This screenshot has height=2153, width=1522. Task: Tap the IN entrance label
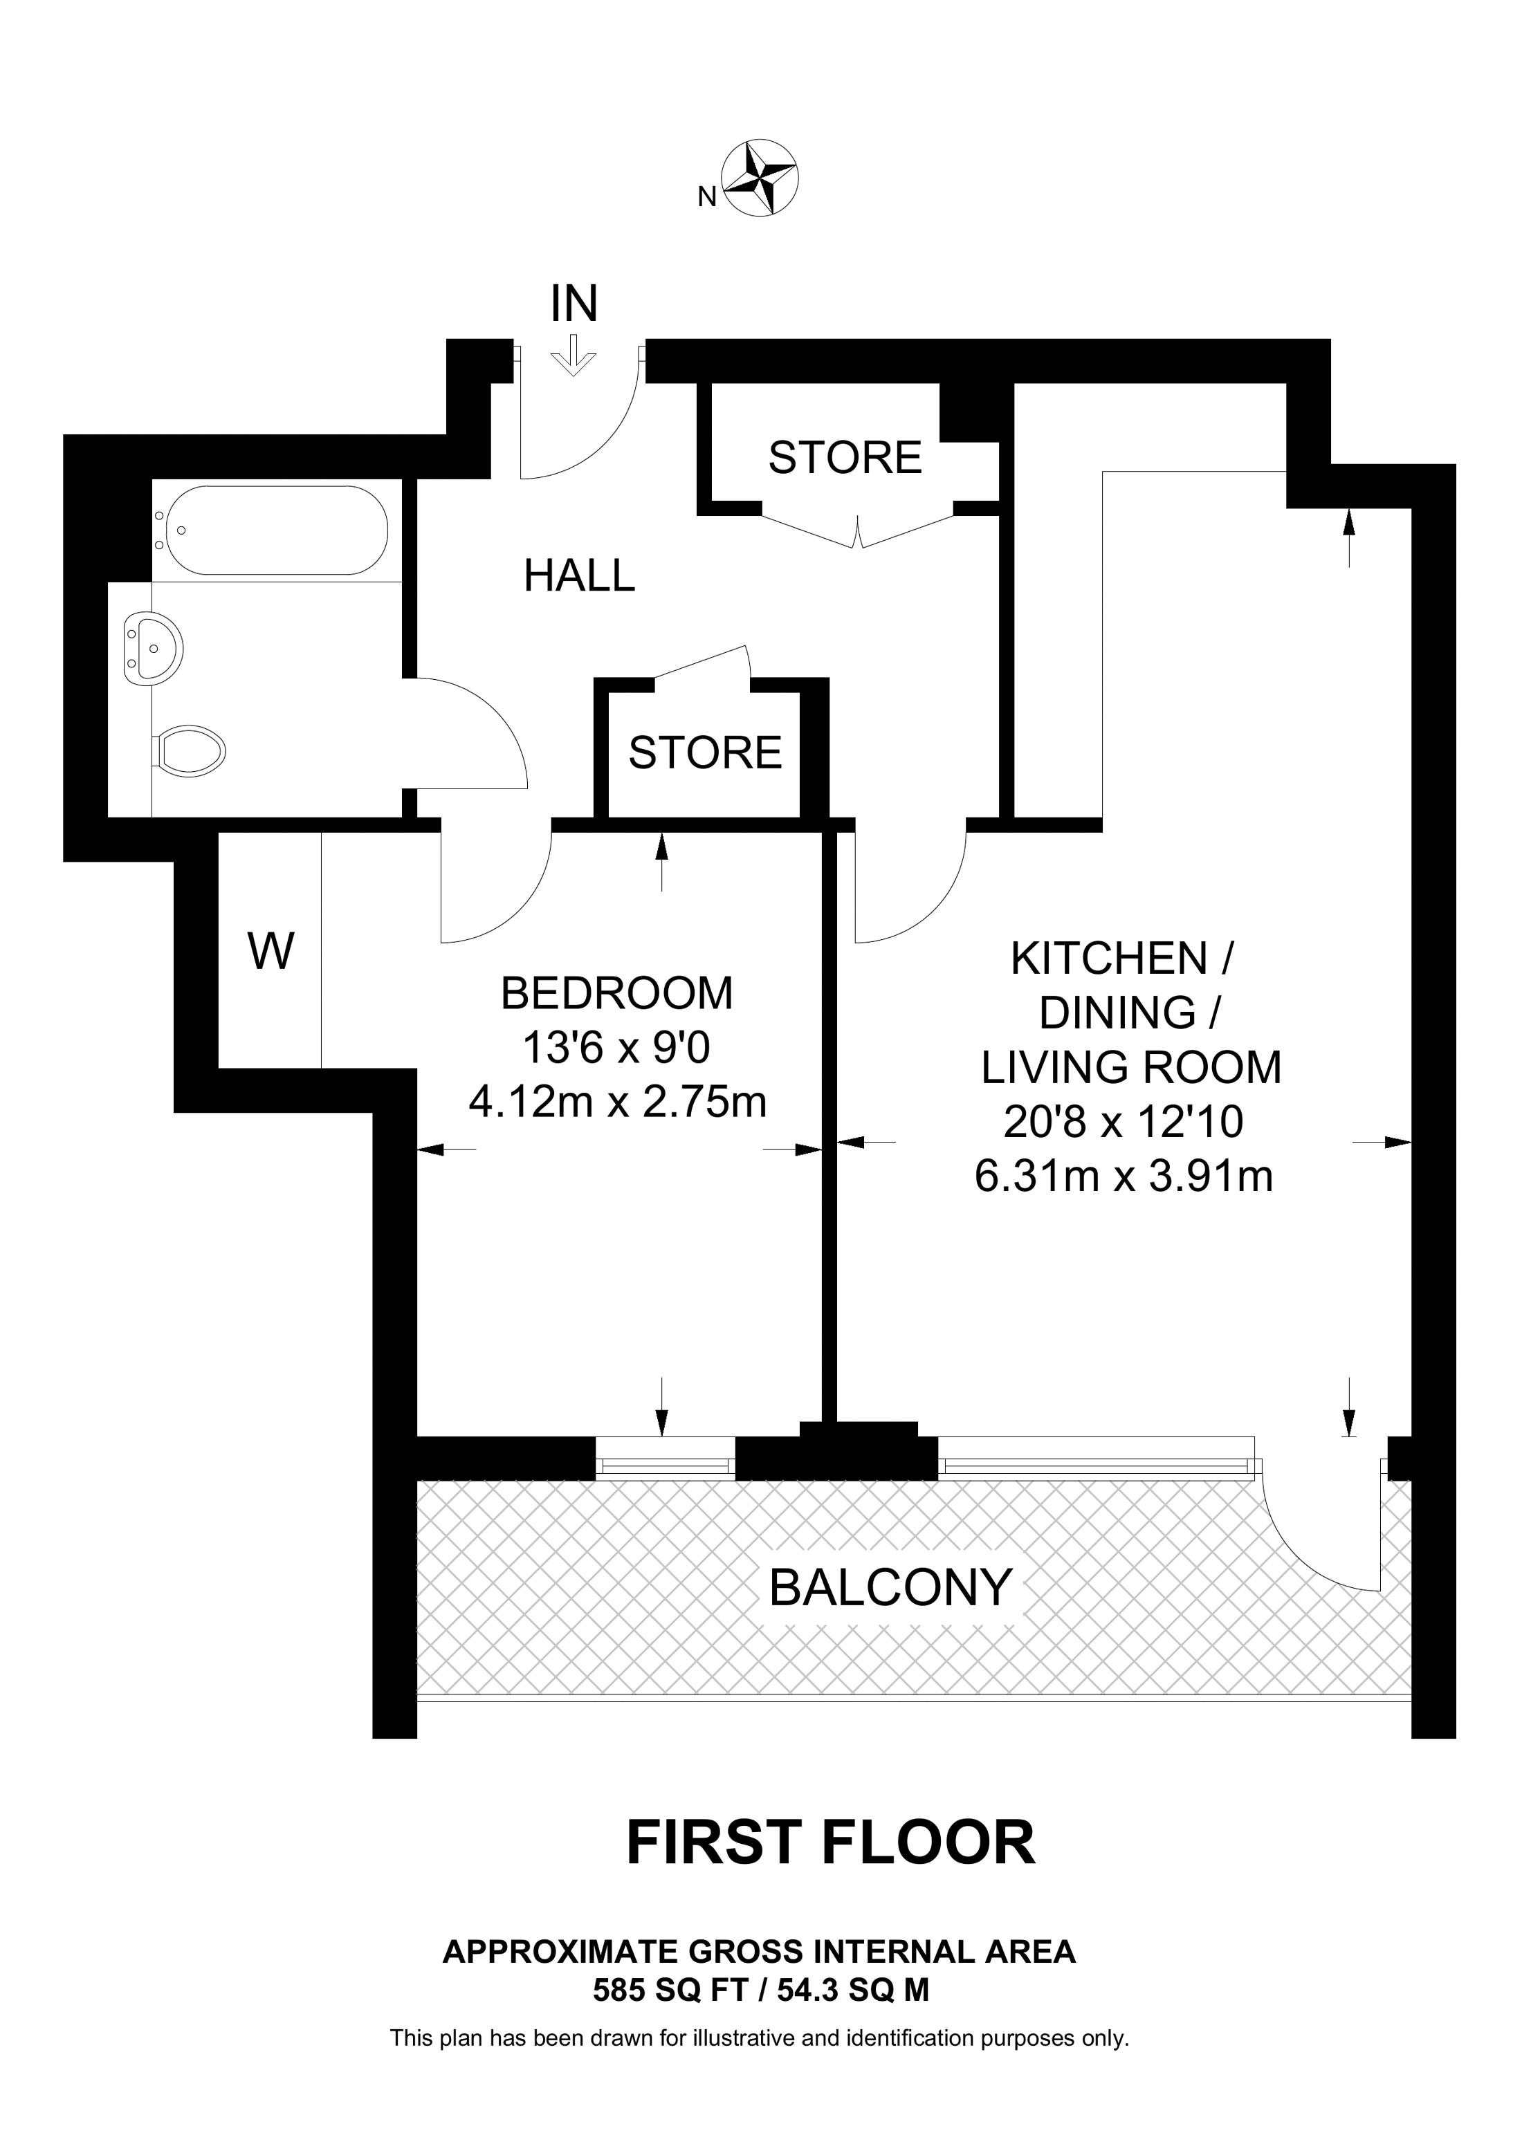574,304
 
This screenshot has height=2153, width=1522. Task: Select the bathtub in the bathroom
270,530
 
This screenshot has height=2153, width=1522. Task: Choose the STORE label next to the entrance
845,458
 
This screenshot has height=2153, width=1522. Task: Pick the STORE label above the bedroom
705,753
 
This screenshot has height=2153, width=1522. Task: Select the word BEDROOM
617,993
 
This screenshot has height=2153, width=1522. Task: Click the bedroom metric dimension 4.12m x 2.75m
617,1102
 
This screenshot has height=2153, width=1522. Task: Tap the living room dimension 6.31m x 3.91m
1124,1176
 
